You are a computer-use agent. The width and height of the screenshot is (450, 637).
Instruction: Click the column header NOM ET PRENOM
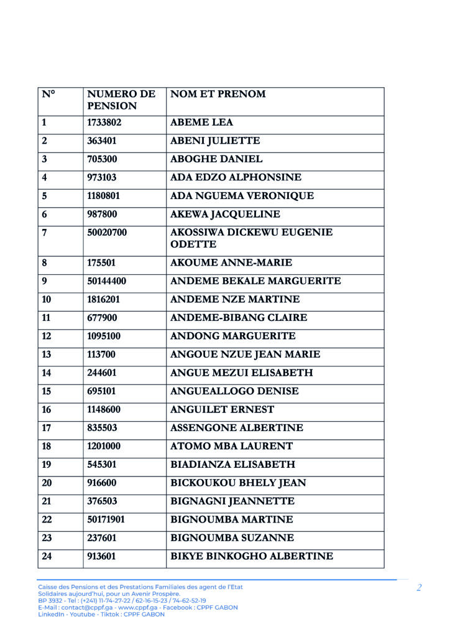[x=218, y=95]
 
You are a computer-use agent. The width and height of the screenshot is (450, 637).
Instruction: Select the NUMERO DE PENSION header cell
[x=121, y=100]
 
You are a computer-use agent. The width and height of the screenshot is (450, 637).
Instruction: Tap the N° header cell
[x=48, y=95]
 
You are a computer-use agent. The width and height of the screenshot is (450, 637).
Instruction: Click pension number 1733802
[x=109, y=123]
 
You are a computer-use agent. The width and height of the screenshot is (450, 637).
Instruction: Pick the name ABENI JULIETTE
[x=215, y=141]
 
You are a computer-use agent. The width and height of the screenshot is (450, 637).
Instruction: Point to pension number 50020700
[x=111, y=233]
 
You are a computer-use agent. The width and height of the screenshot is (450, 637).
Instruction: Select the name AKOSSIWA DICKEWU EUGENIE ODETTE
[x=251, y=238]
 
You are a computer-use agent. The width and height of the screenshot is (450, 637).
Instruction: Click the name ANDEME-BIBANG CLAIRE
[x=238, y=318]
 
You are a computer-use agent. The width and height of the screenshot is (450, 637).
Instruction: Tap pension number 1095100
[x=109, y=337]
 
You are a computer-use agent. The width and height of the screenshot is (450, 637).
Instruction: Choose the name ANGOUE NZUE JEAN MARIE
[x=245, y=355]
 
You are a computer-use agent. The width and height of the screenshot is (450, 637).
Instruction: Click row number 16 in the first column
[x=47, y=410]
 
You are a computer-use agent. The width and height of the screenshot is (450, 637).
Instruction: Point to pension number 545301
[x=106, y=465]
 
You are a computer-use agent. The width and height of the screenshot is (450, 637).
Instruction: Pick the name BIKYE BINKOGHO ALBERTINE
[x=251, y=556]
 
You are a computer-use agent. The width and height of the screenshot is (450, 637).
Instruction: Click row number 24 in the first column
[x=47, y=556]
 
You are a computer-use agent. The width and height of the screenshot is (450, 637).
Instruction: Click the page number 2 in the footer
[x=419, y=588]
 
